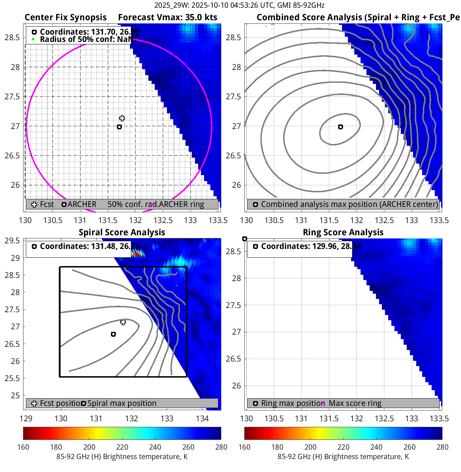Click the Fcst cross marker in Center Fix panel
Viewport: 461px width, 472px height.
click(x=122, y=118)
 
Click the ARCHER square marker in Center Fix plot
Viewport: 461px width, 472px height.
click(x=119, y=127)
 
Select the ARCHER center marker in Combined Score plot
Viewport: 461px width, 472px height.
click(x=341, y=127)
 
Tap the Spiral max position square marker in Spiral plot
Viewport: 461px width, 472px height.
click(x=113, y=334)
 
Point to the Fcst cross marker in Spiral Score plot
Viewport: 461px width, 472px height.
click(x=123, y=322)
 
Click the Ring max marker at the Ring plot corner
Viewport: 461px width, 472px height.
click(x=245, y=239)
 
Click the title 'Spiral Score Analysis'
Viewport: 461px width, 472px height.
click(x=122, y=233)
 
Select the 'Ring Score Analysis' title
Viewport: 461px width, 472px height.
click(x=343, y=233)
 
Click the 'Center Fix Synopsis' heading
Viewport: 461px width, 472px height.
click(x=65, y=17)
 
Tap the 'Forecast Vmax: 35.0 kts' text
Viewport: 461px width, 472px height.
click(x=168, y=17)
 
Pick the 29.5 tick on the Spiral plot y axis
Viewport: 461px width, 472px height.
click(x=13, y=241)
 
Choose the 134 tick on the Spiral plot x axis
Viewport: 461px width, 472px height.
click(x=202, y=419)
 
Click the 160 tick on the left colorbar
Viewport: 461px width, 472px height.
click(x=23, y=447)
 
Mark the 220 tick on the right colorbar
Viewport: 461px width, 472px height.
click(x=343, y=447)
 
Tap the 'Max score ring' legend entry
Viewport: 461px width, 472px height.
click(x=355, y=403)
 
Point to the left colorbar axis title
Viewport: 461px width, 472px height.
click(x=122, y=457)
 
